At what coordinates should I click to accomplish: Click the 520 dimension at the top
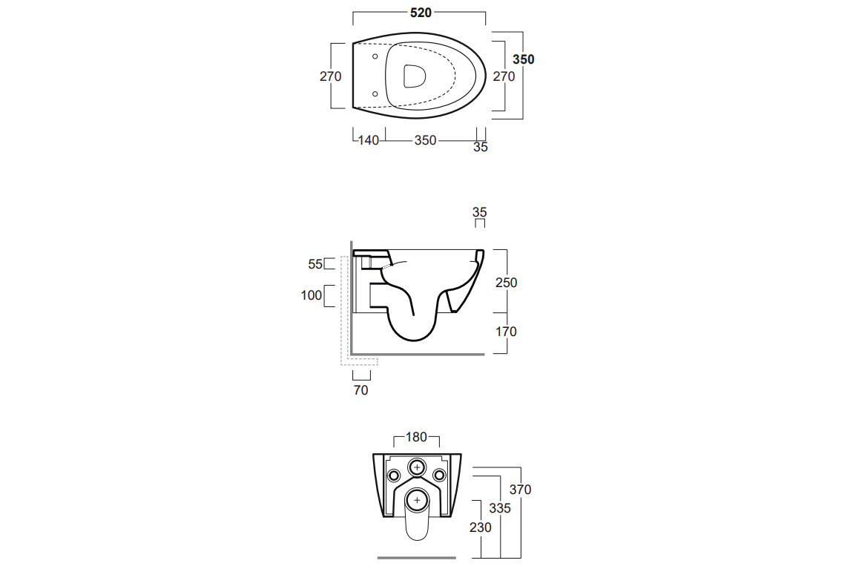click(421, 13)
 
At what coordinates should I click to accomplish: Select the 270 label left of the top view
click(330, 76)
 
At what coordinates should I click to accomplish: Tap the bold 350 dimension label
click(524, 59)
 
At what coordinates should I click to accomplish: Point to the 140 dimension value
click(369, 140)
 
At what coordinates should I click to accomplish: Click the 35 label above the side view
click(479, 212)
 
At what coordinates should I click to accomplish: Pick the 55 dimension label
click(315, 264)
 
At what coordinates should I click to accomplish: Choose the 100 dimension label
click(312, 295)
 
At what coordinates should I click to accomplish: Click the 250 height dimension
click(506, 283)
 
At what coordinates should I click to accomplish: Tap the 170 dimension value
click(506, 332)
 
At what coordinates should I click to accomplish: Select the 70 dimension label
click(360, 390)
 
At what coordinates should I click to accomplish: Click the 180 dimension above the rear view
click(416, 438)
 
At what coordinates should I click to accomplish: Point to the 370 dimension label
click(520, 490)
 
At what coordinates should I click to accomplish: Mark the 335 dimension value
click(500, 509)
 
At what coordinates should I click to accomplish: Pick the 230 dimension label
click(481, 527)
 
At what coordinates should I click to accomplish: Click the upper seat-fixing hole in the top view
click(375, 56)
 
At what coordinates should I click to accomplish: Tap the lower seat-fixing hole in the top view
click(375, 94)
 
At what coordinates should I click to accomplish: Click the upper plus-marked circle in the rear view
click(418, 467)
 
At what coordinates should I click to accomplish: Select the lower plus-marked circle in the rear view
click(418, 501)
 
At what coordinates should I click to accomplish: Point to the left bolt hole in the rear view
click(394, 476)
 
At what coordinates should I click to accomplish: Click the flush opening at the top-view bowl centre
click(415, 76)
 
